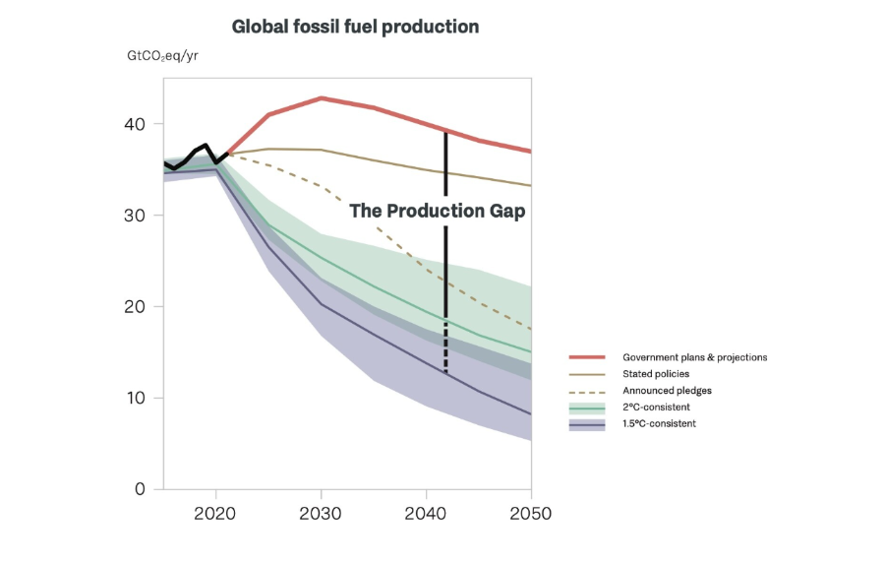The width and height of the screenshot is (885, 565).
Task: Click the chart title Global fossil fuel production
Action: coord(355,27)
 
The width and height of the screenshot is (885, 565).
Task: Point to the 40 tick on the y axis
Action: coord(135,124)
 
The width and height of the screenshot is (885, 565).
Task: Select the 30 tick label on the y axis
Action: coord(135,216)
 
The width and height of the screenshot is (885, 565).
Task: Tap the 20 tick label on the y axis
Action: coord(135,307)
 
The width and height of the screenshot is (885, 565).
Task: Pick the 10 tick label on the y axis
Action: coord(135,398)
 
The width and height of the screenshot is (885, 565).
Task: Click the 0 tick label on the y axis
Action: coord(140,489)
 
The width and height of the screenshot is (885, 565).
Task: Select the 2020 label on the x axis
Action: coord(215,513)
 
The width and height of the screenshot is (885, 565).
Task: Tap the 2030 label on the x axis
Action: coord(321,513)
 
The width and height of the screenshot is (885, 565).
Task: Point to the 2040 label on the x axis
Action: coord(426,513)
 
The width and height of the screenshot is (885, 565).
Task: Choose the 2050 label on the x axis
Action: coord(531,513)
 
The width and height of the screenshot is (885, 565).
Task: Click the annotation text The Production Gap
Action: coord(438,212)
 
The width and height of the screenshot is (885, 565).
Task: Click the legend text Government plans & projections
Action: coord(694,357)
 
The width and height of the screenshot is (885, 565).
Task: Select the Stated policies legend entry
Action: coord(656,374)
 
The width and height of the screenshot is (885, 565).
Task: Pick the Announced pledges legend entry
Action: coord(667,391)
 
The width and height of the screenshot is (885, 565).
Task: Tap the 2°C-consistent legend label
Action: coord(656,408)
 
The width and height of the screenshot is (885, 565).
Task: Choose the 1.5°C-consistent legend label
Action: coord(659,424)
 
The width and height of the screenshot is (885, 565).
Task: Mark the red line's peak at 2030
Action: coord(322,98)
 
